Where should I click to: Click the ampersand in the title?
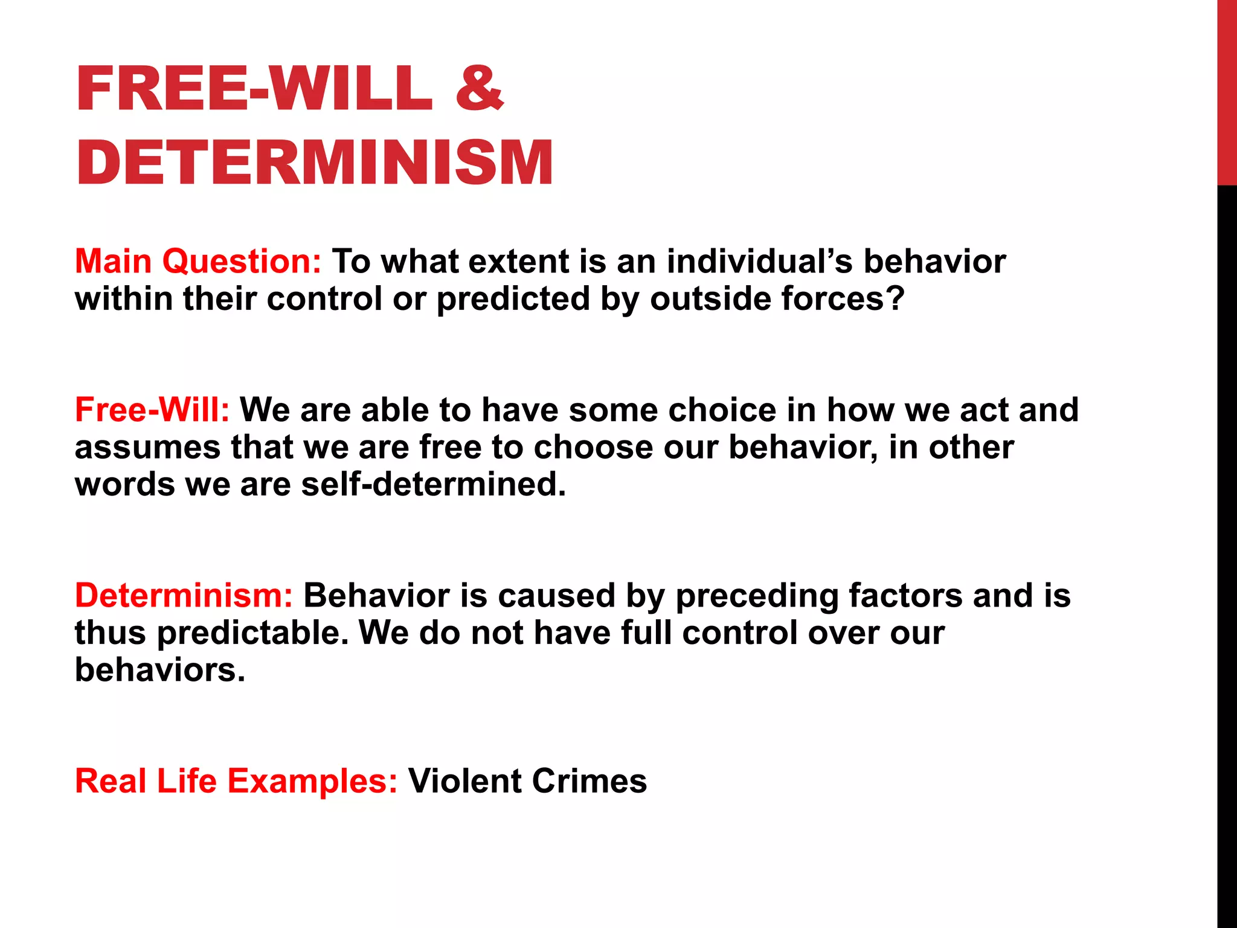pyautogui.click(x=479, y=89)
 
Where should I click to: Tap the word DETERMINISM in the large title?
pyautogui.click(x=314, y=163)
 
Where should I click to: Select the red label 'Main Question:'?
pyautogui.click(x=198, y=262)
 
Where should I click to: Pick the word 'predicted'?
pyautogui.click(x=513, y=299)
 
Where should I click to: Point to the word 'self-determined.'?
pyautogui.click(x=434, y=485)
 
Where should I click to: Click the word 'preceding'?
pyautogui.click(x=757, y=596)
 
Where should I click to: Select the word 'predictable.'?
pyautogui.click(x=253, y=633)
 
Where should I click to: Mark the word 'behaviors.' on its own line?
pyautogui.click(x=160, y=670)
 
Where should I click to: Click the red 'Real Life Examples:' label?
pyautogui.click(x=236, y=781)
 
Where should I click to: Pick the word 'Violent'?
pyautogui.click(x=464, y=781)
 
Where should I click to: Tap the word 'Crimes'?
pyautogui.click(x=589, y=781)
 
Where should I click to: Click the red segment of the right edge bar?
pyautogui.click(x=1227, y=91)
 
